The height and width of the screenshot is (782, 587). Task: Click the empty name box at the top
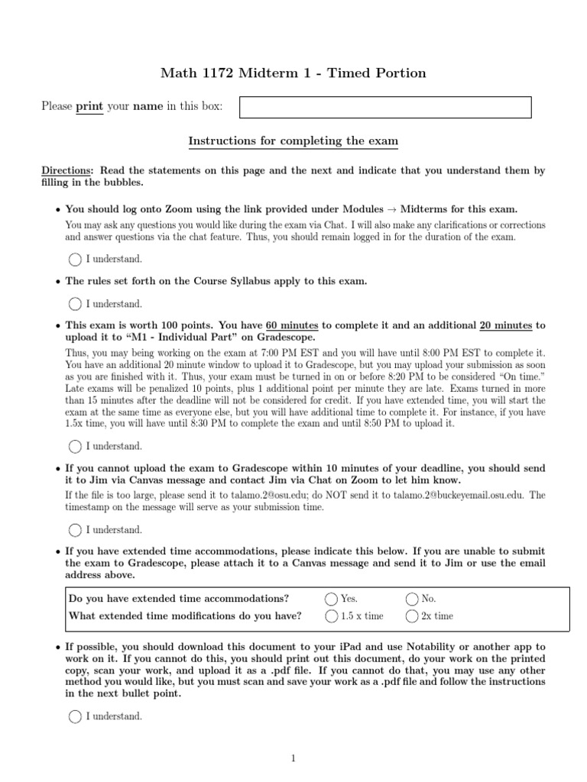click(385, 107)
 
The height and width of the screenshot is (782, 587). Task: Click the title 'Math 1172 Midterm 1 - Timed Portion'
click(293, 73)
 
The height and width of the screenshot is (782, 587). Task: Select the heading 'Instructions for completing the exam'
click(293, 141)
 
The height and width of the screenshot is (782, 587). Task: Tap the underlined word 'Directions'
click(66, 171)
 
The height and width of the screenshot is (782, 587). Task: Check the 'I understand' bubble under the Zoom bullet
click(75, 259)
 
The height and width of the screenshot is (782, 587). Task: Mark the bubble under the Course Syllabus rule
click(75, 304)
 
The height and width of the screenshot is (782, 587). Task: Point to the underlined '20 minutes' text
click(505, 325)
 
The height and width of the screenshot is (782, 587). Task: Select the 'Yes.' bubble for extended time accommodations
click(331, 599)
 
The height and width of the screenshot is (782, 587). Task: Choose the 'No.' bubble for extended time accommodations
click(412, 599)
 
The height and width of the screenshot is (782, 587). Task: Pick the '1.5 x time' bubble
click(331, 616)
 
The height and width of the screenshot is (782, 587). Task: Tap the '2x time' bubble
click(412, 616)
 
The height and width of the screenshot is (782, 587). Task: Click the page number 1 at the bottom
click(293, 758)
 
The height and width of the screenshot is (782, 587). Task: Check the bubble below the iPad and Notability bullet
click(75, 716)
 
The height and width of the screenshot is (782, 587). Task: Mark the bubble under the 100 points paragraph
click(75, 446)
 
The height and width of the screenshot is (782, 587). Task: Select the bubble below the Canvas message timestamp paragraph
click(75, 529)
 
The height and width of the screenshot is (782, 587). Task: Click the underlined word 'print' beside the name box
click(89, 107)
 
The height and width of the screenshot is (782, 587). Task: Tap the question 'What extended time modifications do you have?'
click(185, 616)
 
